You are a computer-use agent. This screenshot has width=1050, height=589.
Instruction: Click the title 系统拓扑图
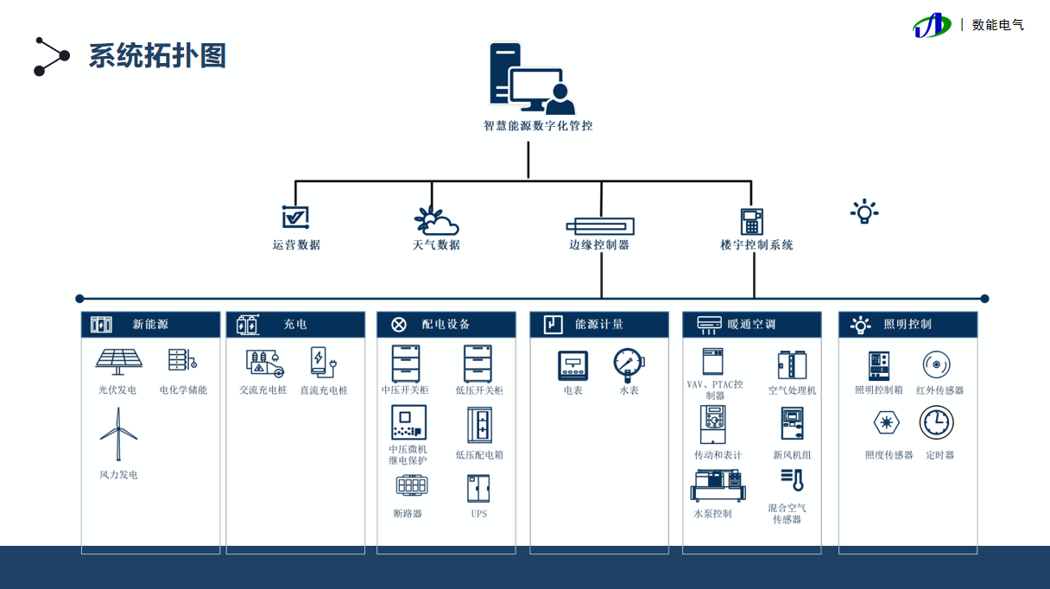(157, 56)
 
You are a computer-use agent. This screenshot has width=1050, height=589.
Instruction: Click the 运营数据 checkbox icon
(296, 217)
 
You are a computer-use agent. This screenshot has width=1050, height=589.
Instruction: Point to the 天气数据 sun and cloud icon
(435, 221)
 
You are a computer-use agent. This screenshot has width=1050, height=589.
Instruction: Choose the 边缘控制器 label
(599, 244)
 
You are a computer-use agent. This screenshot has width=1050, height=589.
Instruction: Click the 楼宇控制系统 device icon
(752, 221)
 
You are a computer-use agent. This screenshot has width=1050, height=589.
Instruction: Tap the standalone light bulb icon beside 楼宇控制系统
(863, 212)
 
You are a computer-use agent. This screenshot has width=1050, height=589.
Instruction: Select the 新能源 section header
(151, 325)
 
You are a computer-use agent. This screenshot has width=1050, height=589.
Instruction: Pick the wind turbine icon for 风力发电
(118, 434)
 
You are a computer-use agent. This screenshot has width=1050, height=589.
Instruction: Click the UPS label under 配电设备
(479, 514)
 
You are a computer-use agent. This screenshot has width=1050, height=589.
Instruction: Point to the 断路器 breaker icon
(412, 485)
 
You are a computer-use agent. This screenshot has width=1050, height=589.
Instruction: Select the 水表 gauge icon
(629, 364)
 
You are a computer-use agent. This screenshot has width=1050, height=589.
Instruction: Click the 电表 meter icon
(573, 365)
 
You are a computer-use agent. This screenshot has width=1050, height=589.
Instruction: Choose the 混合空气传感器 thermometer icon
(792, 480)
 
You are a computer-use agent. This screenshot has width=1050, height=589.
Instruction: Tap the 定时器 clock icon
(937, 422)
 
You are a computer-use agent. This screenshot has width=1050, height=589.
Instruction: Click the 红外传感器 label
(939, 390)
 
